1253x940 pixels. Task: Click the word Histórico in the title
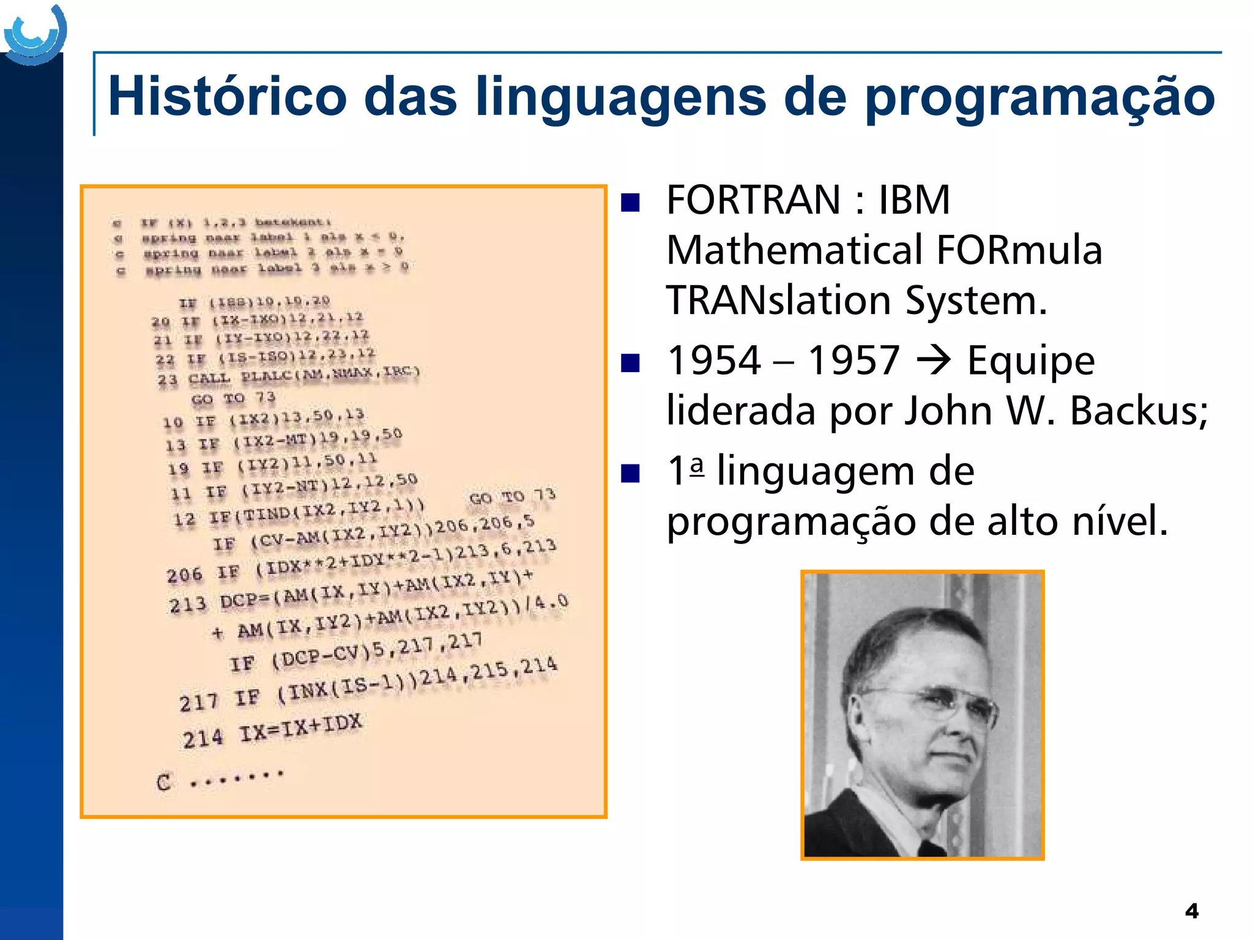227,97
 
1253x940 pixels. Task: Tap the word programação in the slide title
1040,98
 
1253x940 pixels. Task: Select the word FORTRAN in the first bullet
753,200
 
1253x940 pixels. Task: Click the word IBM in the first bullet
914,200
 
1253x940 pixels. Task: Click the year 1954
714,360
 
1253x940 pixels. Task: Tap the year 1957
853,360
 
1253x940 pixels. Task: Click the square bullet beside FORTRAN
630,203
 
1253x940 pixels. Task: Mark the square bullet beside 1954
630,363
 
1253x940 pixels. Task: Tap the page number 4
1191,911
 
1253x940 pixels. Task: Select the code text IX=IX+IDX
300,728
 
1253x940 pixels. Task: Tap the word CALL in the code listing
209,379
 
